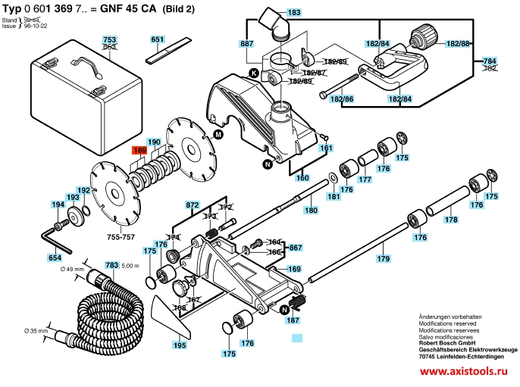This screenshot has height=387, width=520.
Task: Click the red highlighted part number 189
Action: tap(139, 151)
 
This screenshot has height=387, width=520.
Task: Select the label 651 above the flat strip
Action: tap(158, 39)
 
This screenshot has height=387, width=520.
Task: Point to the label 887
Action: tap(246, 44)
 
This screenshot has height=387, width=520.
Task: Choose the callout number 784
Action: tap(489, 61)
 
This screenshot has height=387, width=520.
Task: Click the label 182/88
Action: tap(457, 44)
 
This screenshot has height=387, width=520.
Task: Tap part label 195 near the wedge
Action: tap(179, 345)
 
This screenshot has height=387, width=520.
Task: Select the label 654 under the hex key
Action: tap(55, 258)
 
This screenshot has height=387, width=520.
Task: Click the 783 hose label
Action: tap(111, 265)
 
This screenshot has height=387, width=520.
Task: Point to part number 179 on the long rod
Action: tap(383, 260)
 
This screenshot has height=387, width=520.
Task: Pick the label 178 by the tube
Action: tap(451, 220)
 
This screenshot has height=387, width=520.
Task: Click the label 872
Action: tap(193, 205)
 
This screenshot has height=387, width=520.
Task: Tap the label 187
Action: tap(293, 320)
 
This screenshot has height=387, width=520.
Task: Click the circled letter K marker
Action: tap(253, 73)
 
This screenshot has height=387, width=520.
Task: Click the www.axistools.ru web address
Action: tap(462, 373)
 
